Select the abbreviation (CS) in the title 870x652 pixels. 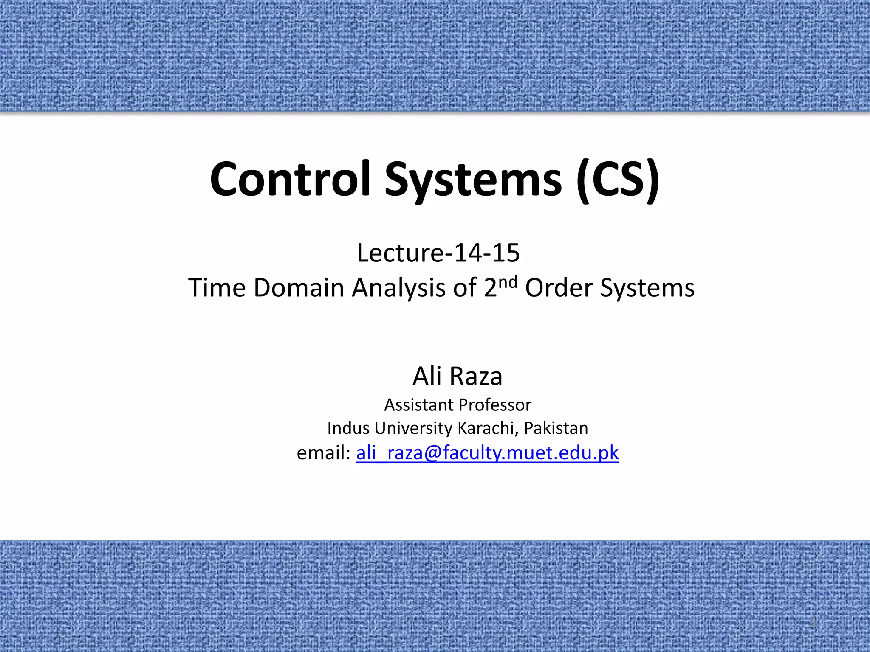[618, 180]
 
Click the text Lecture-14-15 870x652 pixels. [438, 253]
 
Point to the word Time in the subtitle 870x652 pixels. [217, 288]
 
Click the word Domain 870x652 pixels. [299, 288]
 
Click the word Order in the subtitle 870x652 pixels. [559, 288]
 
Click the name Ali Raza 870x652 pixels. [458, 376]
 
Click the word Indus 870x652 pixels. [348, 428]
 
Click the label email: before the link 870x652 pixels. [323, 453]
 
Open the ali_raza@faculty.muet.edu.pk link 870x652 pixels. [487, 453]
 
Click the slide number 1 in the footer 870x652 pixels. [814, 624]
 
